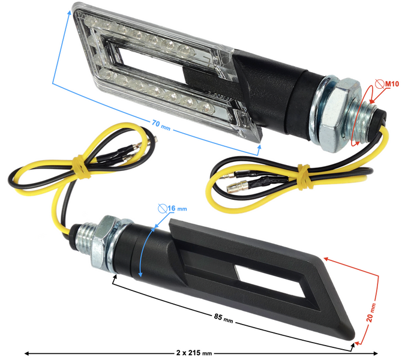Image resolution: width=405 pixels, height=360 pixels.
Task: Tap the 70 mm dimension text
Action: [160, 124]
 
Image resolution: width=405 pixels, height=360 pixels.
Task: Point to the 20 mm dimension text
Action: [372, 312]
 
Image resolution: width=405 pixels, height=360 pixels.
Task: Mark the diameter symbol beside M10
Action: [377, 84]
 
